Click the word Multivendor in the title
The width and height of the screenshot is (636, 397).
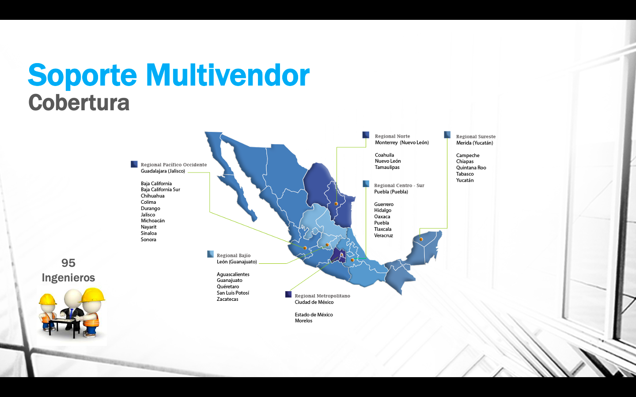[228, 75]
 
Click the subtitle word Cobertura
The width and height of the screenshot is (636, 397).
[79, 103]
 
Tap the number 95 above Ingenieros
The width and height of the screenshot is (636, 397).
[68, 263]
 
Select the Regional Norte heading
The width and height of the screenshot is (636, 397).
[392, 136]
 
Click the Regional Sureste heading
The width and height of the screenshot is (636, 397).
[476, 136]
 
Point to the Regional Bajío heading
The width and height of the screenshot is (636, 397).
[234, 255]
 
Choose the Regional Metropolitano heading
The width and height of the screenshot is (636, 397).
[322, 296]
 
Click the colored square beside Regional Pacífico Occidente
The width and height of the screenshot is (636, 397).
[134, 164]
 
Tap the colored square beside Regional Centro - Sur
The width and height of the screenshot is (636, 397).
[366, 184]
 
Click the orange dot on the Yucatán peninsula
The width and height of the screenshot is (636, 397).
[421, 240]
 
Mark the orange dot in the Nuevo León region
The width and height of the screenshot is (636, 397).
[336, 204]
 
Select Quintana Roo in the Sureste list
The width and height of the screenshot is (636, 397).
[471, 168]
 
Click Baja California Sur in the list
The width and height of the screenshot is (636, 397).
[160, 189]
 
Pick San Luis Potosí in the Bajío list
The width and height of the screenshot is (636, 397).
[233, 292]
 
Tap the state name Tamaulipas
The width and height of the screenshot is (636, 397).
[387, 167]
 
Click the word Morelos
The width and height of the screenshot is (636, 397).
[303, 321]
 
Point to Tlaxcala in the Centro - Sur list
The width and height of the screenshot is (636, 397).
[383, 229]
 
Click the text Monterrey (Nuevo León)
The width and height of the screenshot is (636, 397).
[402, 142]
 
